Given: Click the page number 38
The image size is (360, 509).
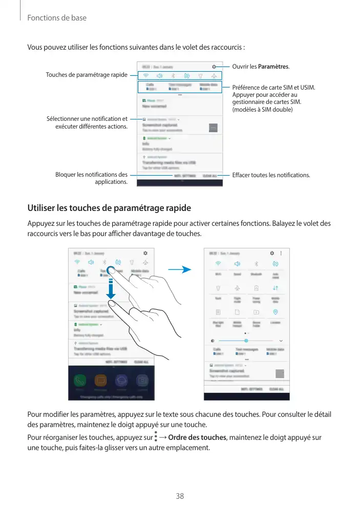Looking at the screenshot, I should [180, 496].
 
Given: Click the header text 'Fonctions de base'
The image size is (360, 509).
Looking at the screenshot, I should [56, 18].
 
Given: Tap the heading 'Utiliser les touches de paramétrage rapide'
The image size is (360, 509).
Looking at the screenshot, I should [109, 208].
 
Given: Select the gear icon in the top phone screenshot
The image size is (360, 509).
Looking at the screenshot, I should [214, 67].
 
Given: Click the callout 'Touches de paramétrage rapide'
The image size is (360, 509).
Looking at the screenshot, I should [87, 75].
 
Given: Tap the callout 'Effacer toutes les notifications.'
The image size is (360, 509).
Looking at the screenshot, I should [271, 175].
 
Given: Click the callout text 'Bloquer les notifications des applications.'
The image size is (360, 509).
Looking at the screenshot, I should [92, 178].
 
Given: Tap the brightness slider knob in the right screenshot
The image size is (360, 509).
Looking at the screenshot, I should [246, 340].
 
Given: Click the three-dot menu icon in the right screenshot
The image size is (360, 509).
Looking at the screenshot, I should [281, 253].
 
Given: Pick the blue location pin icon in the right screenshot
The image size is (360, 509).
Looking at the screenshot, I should [275, 311].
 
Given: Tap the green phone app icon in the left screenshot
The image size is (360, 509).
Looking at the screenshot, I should [80, 380].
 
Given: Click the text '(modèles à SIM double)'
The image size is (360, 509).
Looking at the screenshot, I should [262, 110].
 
